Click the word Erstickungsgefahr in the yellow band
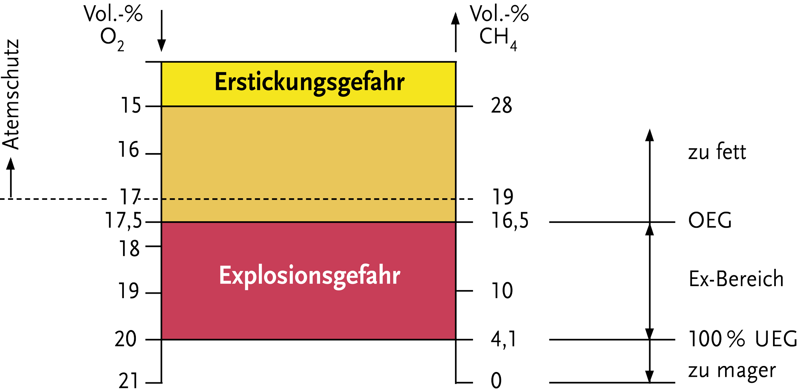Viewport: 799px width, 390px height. coord(310,83)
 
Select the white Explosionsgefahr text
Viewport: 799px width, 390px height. coord(310,276)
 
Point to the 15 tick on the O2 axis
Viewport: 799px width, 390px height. coord(131,106)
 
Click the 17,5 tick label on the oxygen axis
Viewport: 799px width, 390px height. coord(123,221)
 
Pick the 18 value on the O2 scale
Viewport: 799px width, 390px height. coord(129,249)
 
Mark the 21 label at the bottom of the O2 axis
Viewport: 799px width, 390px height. coord(128,380)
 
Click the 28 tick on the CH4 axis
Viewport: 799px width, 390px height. coord(501,106)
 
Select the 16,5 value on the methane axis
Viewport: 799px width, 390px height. coord(510,221)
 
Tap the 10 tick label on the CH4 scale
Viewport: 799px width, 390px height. coord(502,291)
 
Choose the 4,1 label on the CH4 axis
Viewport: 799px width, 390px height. coord(503,340)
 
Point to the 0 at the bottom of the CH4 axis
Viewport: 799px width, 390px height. coord(496,380)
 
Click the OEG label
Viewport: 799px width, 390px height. coord(710,221)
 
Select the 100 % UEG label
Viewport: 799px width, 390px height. coord(742,339)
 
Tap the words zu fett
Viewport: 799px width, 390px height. coord(717,152)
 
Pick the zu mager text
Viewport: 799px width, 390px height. coord(732,371)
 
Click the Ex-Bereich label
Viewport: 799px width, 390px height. coord(736,279)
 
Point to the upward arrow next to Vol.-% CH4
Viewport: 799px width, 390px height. coord(455,32)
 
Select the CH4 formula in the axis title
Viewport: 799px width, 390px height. coord(498,38)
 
